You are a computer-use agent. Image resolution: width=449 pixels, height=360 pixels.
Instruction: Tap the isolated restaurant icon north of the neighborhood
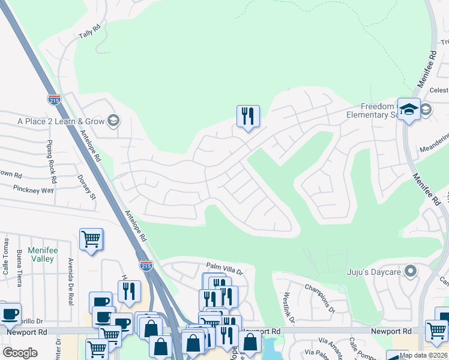coord(248,115)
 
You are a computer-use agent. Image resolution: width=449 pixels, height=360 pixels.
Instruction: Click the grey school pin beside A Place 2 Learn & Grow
coord(112,121)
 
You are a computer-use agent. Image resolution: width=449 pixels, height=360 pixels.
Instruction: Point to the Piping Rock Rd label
coord(51,162)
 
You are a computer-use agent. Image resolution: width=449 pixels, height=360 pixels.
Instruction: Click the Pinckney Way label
coord(35,189)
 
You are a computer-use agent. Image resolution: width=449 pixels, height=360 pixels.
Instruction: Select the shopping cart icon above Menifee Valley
coord(91,239)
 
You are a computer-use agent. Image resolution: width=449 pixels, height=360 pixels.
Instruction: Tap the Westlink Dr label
coord(288,307)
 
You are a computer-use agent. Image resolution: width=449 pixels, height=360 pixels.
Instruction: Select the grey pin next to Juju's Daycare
coord(411,271)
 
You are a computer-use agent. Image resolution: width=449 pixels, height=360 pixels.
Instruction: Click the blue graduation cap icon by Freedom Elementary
coord(409,109)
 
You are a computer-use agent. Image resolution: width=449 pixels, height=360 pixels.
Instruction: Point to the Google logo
coord(20,353)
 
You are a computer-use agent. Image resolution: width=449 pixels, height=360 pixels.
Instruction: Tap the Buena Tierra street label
coord(20,264)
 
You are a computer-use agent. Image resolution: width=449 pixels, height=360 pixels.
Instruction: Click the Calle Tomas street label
coord(5,256)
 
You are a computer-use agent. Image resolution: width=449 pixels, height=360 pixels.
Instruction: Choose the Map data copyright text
coord(424,355)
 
